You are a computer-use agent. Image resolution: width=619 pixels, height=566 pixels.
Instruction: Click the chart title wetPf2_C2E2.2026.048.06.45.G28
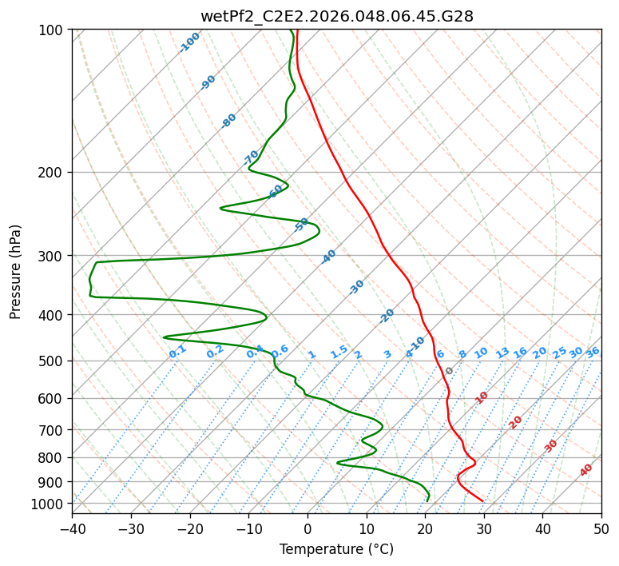point(336,15)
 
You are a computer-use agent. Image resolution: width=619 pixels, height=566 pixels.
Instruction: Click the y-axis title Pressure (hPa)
point(16,272)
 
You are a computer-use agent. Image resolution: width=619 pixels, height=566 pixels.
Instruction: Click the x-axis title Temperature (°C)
point(336,549)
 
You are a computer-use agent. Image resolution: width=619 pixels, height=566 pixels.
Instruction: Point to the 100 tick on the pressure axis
point(54,30)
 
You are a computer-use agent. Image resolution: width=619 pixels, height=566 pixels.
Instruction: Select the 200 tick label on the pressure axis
point(54,173)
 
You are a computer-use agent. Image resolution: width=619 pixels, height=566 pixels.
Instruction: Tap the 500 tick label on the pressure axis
point(54,361)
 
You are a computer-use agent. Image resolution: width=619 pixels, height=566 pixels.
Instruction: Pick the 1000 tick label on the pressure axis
point(50,504)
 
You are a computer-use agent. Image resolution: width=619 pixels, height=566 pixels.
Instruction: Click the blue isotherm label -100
point(189,42)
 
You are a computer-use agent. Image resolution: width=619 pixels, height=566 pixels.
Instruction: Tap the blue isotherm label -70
point(251,157)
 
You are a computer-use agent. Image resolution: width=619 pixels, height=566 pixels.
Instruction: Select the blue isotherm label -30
point(356,287)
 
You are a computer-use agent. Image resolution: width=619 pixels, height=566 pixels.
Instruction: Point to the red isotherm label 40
point(586,470)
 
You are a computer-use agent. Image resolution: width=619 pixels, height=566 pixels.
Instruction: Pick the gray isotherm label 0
point(450,371)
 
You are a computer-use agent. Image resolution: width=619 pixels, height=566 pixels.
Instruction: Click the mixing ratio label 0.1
point(177,352)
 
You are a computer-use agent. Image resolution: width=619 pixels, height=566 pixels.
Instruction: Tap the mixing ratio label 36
point(593,352)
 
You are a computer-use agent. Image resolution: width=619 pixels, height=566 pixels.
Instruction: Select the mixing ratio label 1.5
point(339,352)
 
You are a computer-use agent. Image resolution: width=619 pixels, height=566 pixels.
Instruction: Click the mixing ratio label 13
point(502,353)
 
